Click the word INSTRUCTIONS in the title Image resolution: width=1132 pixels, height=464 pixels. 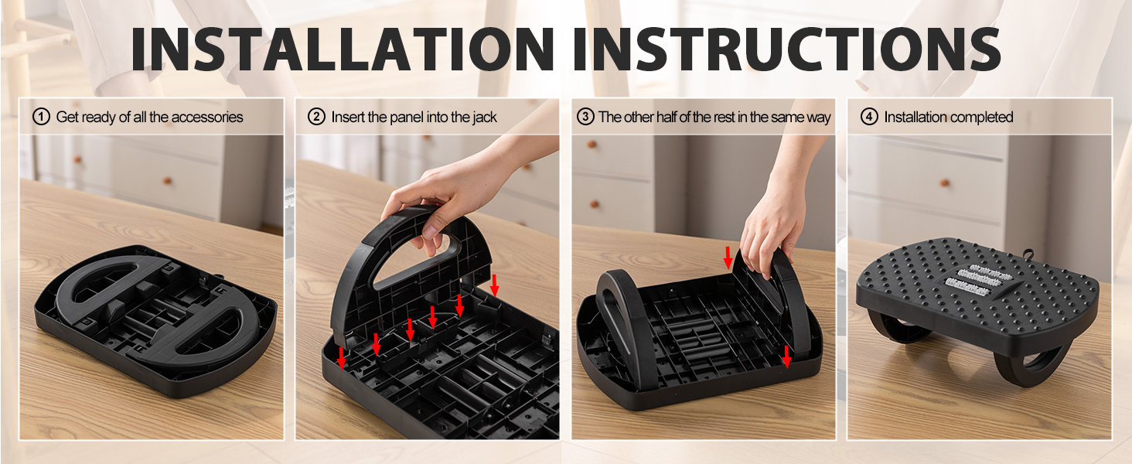pos(787,49)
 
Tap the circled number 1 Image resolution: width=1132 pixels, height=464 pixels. pos(41,117)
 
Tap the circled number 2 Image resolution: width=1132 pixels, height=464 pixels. pos(316,117)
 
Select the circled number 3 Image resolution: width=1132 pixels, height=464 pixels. pos(585,117)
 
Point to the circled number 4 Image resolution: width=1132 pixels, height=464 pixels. pos(869,117)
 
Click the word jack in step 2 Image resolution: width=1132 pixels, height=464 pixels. pos(485,118)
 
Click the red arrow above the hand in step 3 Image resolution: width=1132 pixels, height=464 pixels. pos(728,258)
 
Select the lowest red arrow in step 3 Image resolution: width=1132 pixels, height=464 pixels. pos(786,357)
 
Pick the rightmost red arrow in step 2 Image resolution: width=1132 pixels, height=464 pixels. pos(494,285)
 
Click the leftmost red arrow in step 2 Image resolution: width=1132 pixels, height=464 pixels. pos(342,358)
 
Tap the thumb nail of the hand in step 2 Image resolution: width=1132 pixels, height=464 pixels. pos(429,231)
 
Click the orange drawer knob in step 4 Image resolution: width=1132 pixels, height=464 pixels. pos(944,183)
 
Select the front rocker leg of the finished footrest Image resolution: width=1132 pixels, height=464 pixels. pos(1031,367)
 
